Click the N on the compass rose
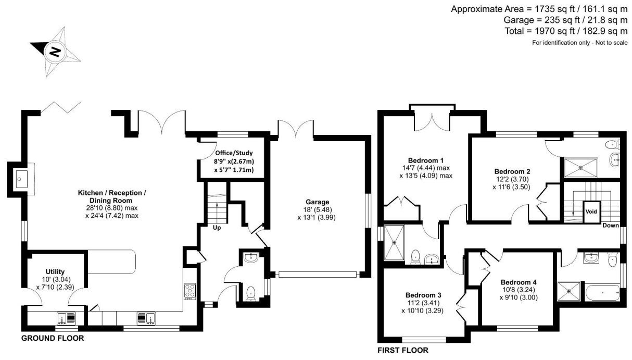coord(55,52)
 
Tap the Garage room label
coord(318,202)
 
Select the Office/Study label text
coord(234,153)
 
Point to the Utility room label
coord(55,271)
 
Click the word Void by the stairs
coord(591,212)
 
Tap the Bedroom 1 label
coord(426,160)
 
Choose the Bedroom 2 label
coord(512,171)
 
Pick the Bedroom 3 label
coord(423,295)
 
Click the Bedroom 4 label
coord(519,282)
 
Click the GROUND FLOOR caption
coord(53,338)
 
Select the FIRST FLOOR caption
coord(403,351)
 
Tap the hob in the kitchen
coord(190,291)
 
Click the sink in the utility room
coord(67,318)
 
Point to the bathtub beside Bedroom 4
coord(602,293)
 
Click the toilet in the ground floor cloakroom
coord(251,294)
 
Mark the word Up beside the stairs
coord(217,228)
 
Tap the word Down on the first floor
coord(611,225)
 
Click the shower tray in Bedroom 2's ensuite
coord(581,168)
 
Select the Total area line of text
coord(566,31)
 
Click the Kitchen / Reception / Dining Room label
coord(112,197)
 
